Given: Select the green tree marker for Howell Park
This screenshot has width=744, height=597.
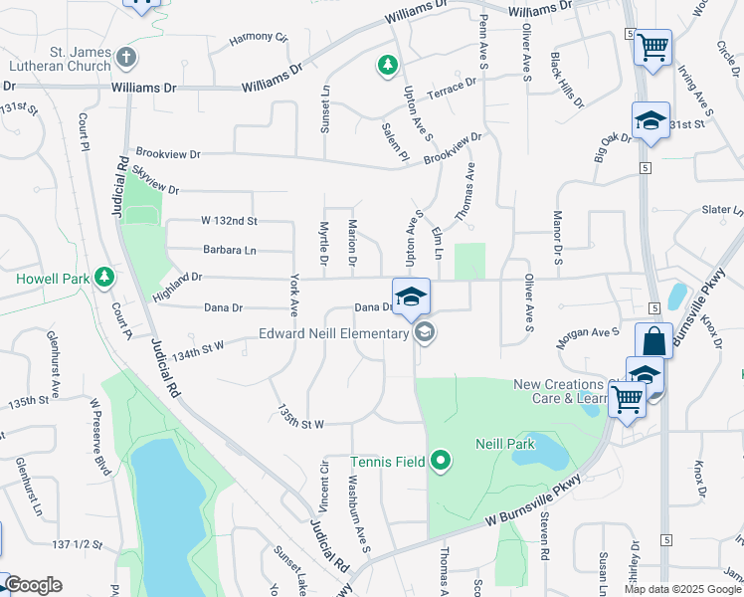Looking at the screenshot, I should [102, 279].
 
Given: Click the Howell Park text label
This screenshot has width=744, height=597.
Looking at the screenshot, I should [52, 279].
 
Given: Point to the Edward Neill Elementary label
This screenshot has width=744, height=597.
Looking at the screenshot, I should [334, 333].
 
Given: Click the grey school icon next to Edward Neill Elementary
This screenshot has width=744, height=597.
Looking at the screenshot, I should [425, 332].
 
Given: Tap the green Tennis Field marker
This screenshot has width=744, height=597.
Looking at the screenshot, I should [441, 461].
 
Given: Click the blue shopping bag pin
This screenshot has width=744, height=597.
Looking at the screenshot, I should [653, 341].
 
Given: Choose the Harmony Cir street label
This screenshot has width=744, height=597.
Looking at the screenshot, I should [258, 38].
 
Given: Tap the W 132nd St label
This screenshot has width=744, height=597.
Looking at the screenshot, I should [229, 220].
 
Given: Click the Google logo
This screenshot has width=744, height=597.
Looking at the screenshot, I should [33, 585].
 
